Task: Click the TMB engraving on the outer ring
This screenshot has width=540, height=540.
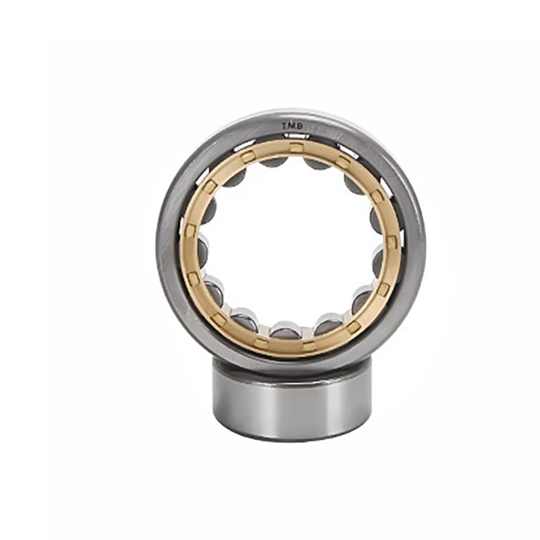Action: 292,126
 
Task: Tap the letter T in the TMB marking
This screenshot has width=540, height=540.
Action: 285,127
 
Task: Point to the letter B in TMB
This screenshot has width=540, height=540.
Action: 300,126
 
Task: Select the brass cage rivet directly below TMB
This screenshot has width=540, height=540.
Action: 295,147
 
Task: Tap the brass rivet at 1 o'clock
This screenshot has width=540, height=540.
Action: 343,161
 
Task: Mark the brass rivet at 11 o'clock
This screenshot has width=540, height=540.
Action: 246,158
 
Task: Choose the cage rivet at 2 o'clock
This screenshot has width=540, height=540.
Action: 377,196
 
